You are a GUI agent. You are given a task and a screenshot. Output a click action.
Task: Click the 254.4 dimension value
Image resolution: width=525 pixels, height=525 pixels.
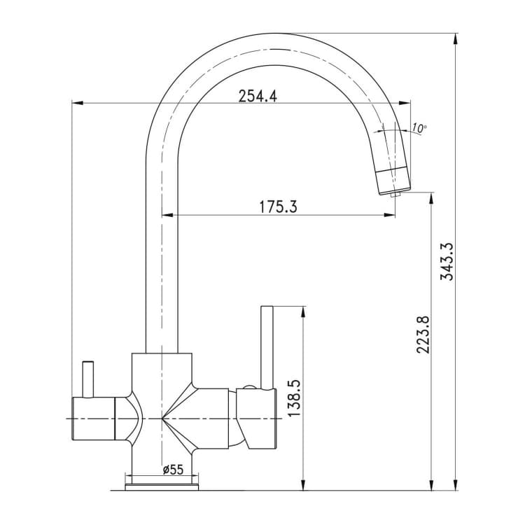258,97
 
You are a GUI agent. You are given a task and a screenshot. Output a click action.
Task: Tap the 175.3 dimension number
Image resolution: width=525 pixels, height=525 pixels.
278,207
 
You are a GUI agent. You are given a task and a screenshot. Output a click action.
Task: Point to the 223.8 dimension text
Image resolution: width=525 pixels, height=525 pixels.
423,334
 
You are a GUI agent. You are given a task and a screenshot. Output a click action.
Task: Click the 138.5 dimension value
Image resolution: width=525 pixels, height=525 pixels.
294,398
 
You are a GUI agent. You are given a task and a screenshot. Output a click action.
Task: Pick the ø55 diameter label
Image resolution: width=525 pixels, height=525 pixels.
173,470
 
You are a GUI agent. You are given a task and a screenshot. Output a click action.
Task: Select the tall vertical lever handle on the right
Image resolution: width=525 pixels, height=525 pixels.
267,347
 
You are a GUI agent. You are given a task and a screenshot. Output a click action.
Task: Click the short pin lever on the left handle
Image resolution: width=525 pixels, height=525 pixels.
87,379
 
